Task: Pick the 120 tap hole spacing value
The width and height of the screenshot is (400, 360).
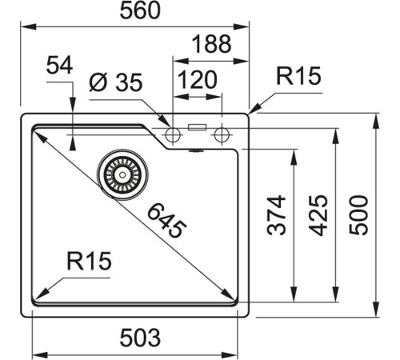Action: pyautogui.click(x=195, y=80)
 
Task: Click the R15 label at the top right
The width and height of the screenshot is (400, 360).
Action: pyautogui.click(x=298, y=77)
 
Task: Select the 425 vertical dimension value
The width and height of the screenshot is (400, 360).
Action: pyautogui.click(x=318, y=214)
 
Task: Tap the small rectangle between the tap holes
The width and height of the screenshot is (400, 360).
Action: pyautogui.click(x=196, y=127)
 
